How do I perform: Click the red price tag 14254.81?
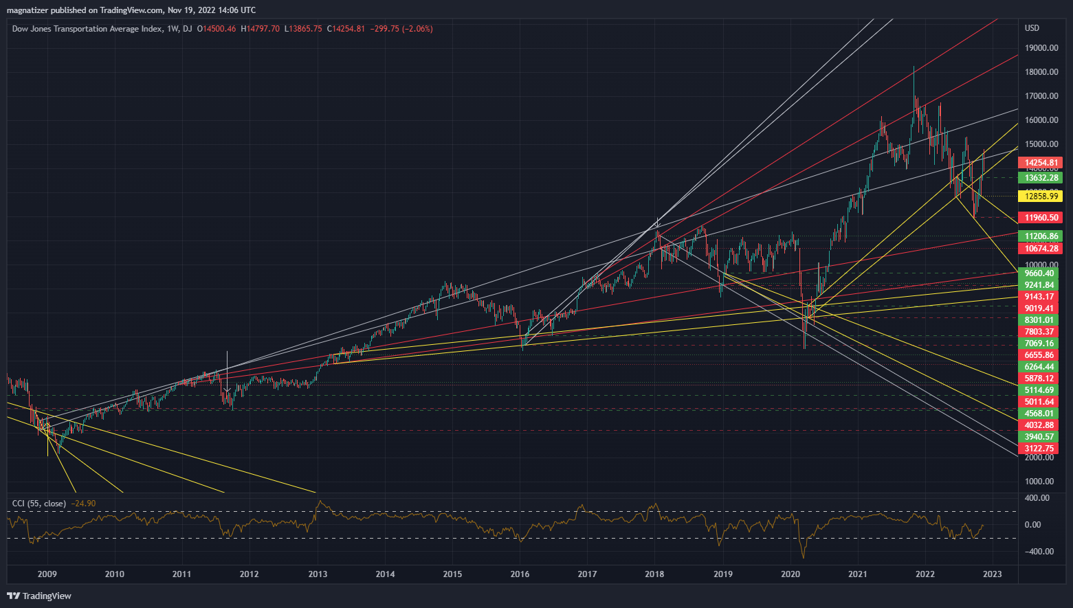[1041, 163]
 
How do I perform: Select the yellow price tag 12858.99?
[1041, 196]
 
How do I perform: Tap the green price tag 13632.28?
[1041, 178]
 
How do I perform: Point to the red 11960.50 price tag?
[1041, 218]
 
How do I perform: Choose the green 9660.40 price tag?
[1039, 273]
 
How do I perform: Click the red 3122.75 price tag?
[1039, 449]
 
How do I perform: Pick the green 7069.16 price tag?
[1039, 344]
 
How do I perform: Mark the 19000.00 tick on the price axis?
[1041, 48]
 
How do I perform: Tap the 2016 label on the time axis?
[520, 574]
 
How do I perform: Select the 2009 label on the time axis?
[47, 574]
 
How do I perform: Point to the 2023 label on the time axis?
[992, 574]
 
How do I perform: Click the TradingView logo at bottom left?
[39, 596]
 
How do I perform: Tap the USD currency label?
[1032, 28]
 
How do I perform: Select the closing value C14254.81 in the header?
[346, 29]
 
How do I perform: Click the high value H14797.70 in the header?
[260, 29]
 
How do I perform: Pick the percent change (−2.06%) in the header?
[416, 29]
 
